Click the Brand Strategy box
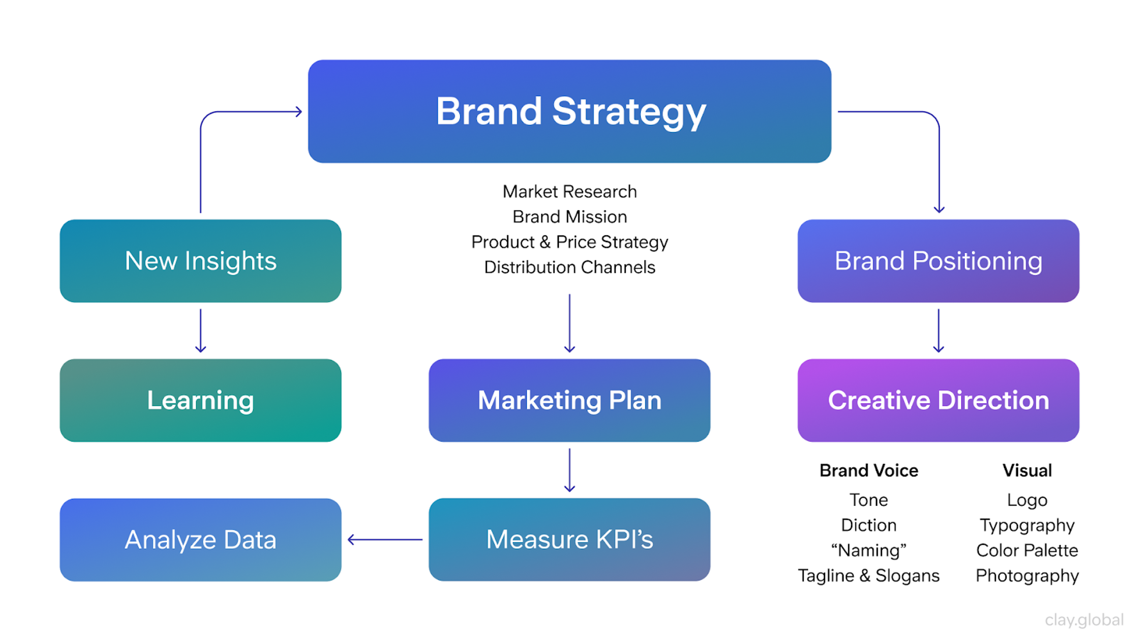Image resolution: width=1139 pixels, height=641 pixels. tap(569, 112)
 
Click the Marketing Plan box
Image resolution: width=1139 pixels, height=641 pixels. tap(569, 400)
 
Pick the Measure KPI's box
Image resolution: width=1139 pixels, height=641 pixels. tap(569, 540)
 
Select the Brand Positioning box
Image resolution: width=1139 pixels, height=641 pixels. tap(938, 261)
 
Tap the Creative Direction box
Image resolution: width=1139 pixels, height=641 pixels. tap(938, 400)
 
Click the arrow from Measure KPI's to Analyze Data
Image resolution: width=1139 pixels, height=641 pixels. tap(385, 540)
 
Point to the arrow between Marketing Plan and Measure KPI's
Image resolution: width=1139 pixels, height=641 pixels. tap(569, 470)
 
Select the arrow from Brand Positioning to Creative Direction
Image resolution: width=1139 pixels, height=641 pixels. tap(938, 331)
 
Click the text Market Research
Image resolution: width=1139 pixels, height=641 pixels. tap(569, 191)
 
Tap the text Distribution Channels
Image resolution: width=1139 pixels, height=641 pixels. tap(569, 267)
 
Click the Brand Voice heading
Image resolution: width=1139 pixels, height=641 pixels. tap(868, 470)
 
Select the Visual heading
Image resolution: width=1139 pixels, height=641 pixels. tap(1027, 470)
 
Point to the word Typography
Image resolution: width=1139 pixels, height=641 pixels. tap(1027, 526)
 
